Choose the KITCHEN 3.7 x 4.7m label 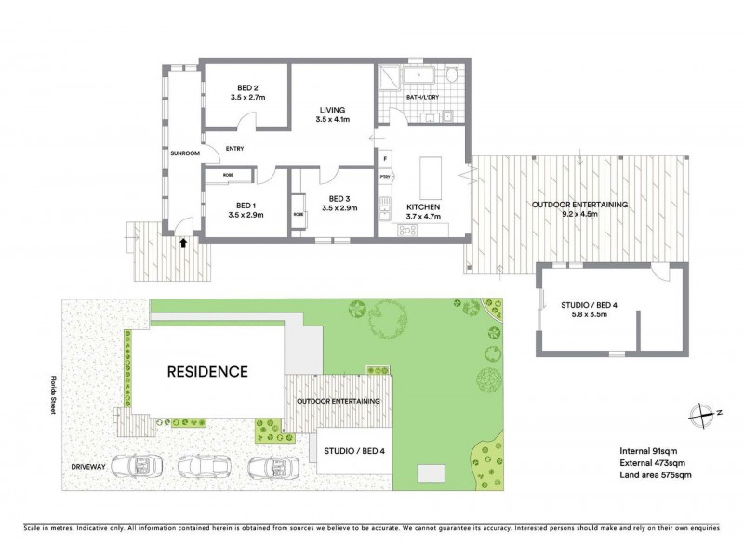click(x=422, y=211)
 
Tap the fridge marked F click(x=385, y=158)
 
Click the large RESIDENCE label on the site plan click(x=207, y=372)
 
